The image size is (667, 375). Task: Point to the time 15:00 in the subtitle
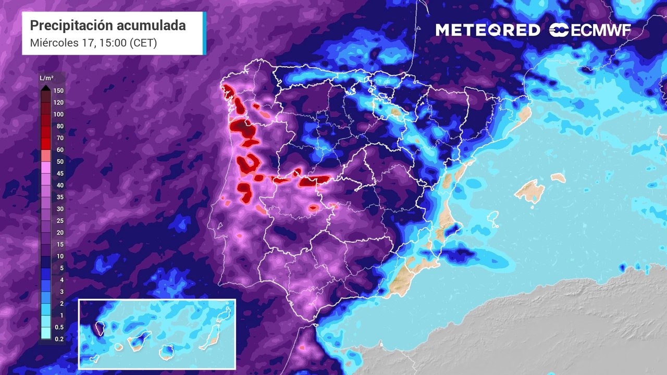tap(110, 43)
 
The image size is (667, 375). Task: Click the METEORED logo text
tap(488, 30)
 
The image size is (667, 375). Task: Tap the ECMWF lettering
tap(601, 30)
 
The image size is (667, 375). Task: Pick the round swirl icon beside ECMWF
tap(559, 30)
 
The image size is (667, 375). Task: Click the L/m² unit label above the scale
tap(46, 78)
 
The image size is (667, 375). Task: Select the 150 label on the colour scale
tap(58, 90)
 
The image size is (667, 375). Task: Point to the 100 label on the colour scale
tap(58, 114)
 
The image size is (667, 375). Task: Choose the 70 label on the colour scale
tap(59, 138)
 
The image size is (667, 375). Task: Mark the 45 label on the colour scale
tap(59, 173)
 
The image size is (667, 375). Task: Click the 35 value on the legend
tap(59, 197)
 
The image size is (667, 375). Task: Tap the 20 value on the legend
tap(59, 232)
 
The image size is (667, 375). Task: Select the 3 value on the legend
tap(61, 292)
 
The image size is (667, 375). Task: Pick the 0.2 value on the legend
tap(59, 339)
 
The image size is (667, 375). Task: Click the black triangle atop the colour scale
tap(46, 87)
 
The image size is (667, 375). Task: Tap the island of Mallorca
tap(529, 190)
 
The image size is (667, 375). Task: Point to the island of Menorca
tap(558, 178)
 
